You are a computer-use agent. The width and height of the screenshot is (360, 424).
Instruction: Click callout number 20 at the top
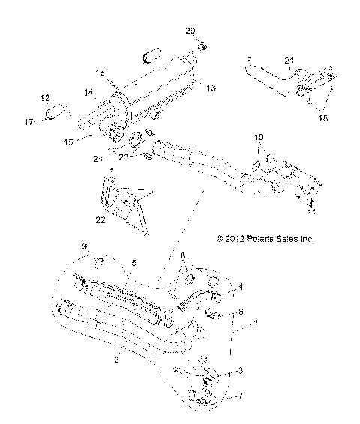coord(190,31)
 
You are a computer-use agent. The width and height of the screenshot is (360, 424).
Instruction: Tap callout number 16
coord(99,73)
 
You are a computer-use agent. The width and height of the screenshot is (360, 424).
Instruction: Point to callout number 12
coord(44,98)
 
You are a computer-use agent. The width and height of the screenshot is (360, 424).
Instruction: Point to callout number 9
coord(85,246)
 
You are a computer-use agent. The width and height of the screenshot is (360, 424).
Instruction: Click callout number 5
coord(133,264)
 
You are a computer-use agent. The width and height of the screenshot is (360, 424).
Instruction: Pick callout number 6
coord(241,311)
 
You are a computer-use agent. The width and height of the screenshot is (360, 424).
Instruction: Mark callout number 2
coord(115,360)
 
